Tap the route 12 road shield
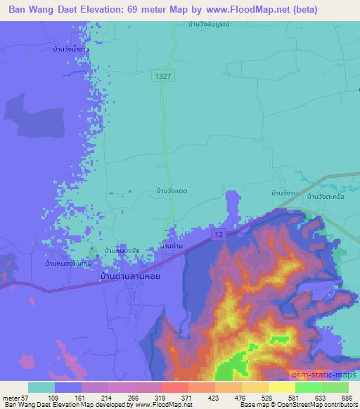coord(219,233)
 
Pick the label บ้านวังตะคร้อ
coord(324,197)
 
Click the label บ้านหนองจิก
coord(121,250)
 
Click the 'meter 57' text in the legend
coord(15,398)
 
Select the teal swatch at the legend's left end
coord(41,387)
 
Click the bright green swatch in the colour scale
coord(308,387)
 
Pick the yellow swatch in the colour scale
coord(281,387)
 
